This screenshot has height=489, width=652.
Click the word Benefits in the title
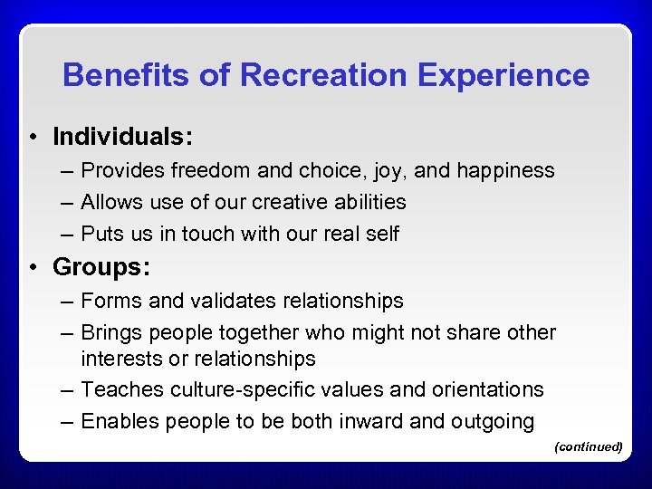point(126,75)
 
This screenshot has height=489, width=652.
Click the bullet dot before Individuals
point(33,138)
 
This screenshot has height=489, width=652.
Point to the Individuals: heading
point(123,137)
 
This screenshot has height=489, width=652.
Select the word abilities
point(371,202)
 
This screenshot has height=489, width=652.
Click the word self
point(382,234)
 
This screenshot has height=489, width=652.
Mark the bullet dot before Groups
point(33,268)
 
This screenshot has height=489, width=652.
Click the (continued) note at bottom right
point(588,446)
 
